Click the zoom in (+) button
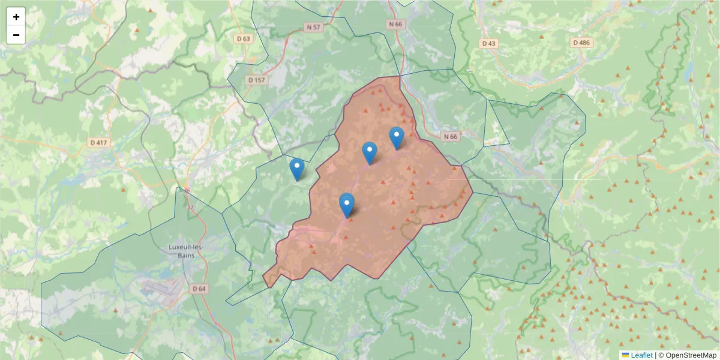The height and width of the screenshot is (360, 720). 16,17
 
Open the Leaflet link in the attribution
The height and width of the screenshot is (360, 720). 641,355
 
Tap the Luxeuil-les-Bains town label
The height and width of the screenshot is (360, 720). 187,252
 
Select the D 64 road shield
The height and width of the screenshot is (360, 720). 199,289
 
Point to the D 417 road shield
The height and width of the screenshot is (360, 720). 99,143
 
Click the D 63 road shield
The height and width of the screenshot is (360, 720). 243,38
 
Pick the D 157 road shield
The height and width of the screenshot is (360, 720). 256,80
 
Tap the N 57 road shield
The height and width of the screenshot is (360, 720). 313,27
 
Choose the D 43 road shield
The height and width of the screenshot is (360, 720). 489,43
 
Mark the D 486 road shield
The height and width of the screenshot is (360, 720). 581,43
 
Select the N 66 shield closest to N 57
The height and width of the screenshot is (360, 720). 394,24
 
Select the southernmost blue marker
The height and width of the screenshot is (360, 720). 346,206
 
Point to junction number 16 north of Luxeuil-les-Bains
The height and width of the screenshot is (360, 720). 187,191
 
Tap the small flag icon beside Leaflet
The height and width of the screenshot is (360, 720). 625,355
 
